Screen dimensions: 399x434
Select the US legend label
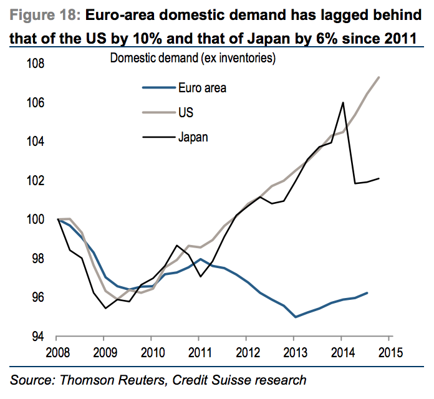[x=185, y=113]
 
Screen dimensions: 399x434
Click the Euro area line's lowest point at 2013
[x=296, y=317]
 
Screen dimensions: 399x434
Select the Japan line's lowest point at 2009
[x=105, y=308]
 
